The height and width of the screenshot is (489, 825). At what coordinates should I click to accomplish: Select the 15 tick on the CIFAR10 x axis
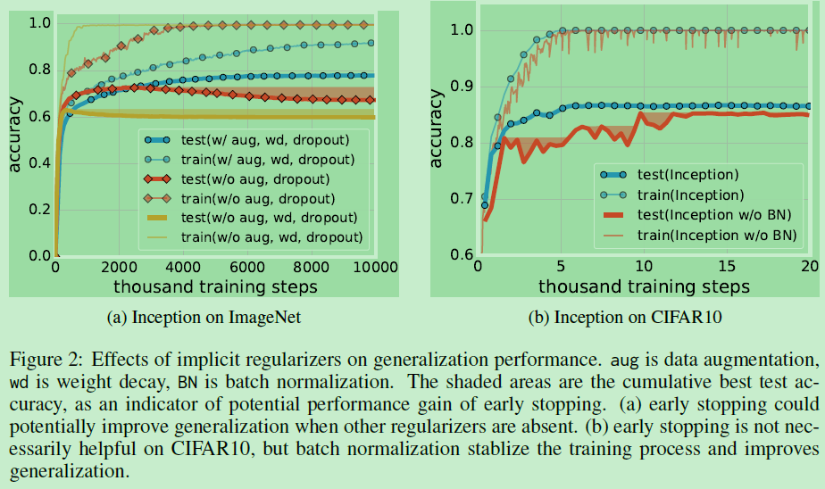[x=728, y=266]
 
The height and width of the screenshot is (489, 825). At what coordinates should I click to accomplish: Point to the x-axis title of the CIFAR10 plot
[x=644, y=286]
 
